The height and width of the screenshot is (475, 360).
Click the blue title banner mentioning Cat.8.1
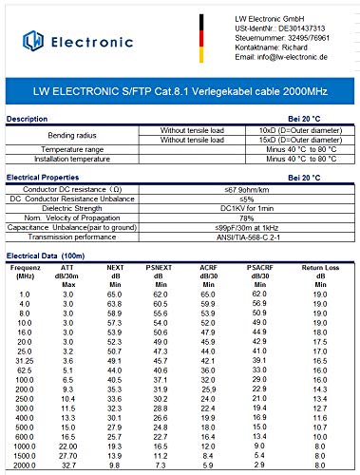pyautogui.click(x=180, y=94)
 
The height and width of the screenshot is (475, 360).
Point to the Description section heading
pyautogui.click(x=33, y=119)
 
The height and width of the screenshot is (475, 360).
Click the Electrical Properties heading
pyautogui.click(x=47, y=178)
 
